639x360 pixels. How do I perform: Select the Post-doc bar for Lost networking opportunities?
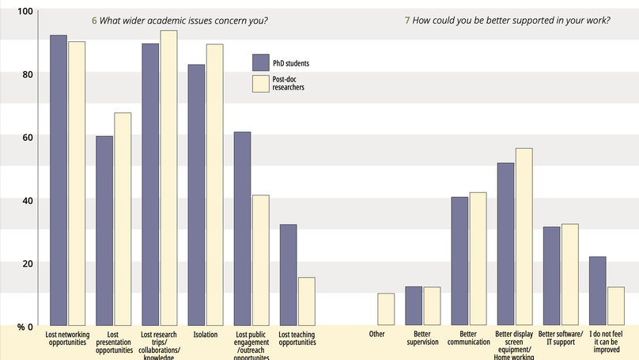(x=77, y=184)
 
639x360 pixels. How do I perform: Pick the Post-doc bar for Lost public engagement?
(x=260, y=260)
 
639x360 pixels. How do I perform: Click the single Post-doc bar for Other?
(x=386, y=309)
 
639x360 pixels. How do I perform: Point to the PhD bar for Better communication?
(x=460, y=261)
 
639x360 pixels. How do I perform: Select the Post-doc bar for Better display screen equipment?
(x=524, y=237)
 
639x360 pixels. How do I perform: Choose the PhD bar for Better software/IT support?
(x=552, y=276)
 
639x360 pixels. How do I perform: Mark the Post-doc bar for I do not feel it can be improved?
(x=616, y=306)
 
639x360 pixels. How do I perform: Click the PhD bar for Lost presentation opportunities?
(x=104, y=231)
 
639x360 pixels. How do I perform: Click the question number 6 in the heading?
(x=95, y=21)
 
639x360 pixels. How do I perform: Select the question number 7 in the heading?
(x=407, y=21)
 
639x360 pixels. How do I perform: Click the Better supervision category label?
(x=424, y=339)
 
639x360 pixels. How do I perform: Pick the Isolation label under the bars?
(x=205, y=335)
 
